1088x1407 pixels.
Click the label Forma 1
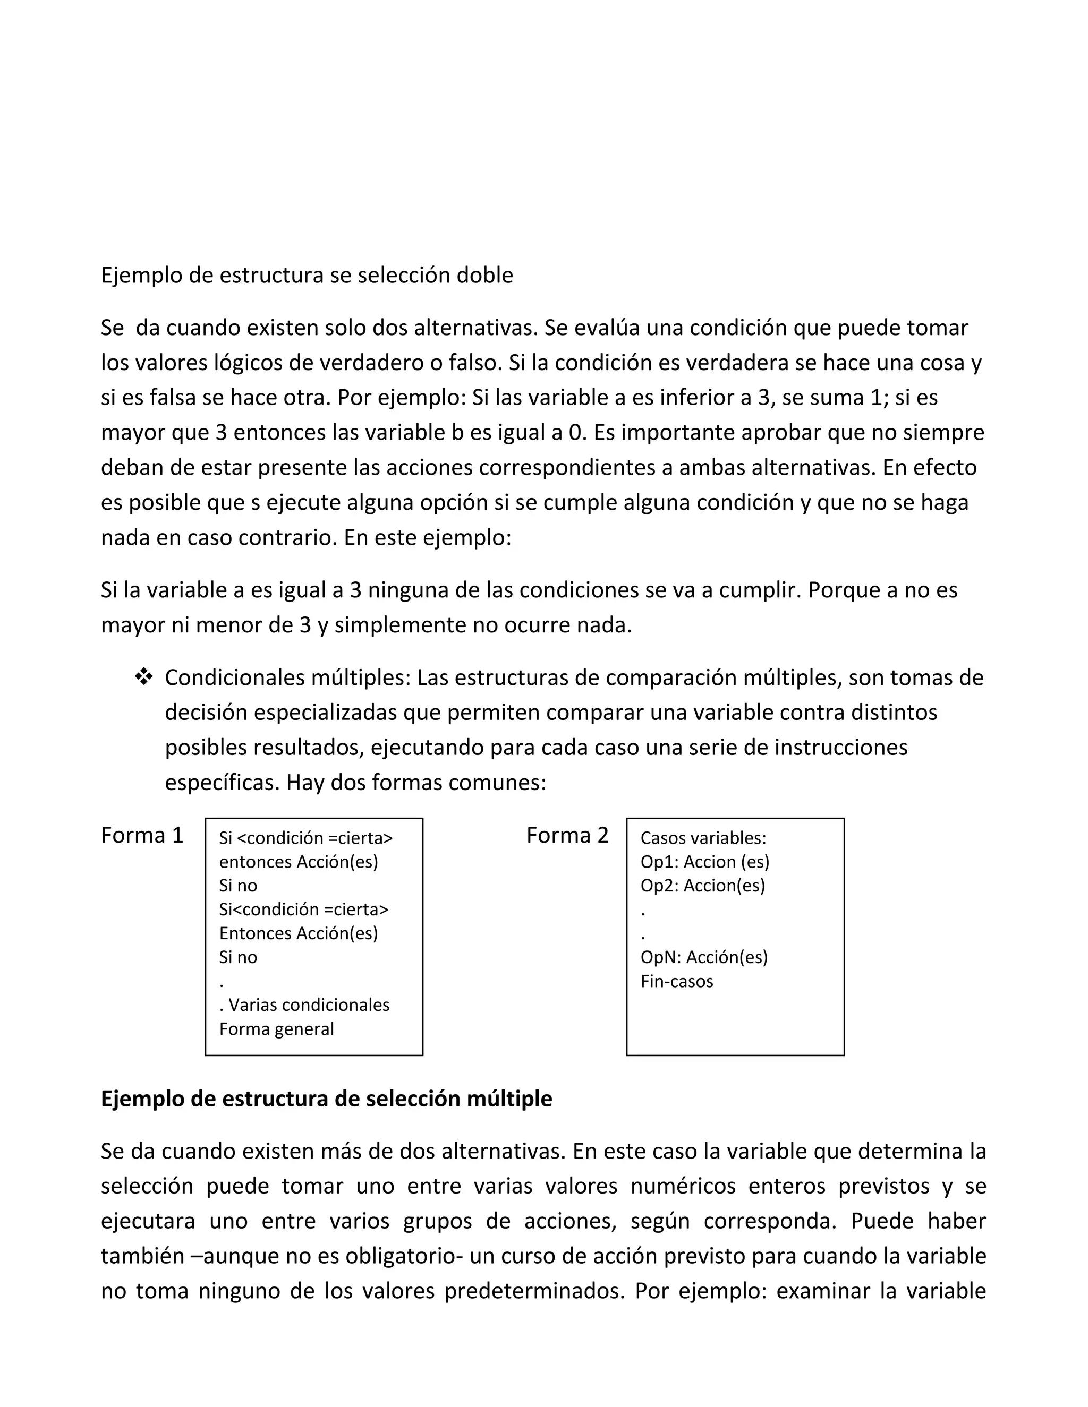pyautogui.click(x=142, y=836)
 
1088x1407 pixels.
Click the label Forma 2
pyautogui.click(x=567, y=836)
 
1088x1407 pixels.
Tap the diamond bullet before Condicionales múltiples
pyautogui.click(x=144, y=677)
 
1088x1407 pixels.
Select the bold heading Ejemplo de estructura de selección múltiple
pyautogui.click(x=326, y=1099)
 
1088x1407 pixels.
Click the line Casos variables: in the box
pyautogui.click(x=703, y=838)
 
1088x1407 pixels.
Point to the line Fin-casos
pyautogui.click(x=677, y=981)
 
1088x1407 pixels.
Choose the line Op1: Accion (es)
pyautogui.click(x=704, y=862)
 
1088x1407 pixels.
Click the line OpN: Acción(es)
pyautogui.click(x=704, y=957)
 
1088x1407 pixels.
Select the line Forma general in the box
pyautogui.click(x=276, y=1029)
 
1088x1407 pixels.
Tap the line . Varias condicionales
pyautogui.click(x=304, y=1005)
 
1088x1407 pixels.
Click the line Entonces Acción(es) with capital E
pyautogui.click(x=299, y=933)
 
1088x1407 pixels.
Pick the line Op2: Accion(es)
pyautogui.click(x=702, y=886)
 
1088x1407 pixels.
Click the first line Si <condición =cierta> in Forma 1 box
pyautogui.click(x=305, y=838)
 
